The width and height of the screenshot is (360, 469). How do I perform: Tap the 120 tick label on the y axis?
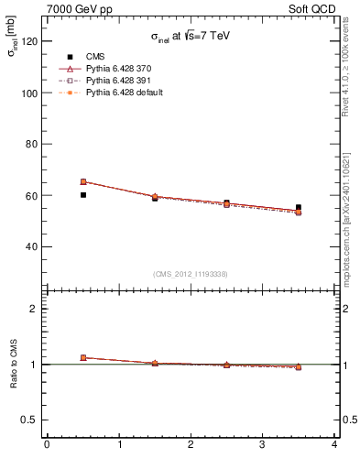[29, 42]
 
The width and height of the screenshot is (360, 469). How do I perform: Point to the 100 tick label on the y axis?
[29, 93]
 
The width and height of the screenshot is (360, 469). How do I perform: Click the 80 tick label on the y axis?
[32, 145]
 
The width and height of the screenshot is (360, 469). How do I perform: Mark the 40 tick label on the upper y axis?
[32, 246]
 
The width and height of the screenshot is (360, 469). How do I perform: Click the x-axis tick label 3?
[263, 444]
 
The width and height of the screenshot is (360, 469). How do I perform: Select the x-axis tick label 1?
[119, 444]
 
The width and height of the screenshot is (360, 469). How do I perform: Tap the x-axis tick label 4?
[334, 444]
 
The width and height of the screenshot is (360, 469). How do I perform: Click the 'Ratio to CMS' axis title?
[15, 365]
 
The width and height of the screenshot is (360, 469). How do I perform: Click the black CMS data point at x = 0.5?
[83, 195]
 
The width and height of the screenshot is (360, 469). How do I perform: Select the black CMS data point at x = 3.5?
[299, 207]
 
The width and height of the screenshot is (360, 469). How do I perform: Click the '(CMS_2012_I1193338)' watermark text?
[191, 274]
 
